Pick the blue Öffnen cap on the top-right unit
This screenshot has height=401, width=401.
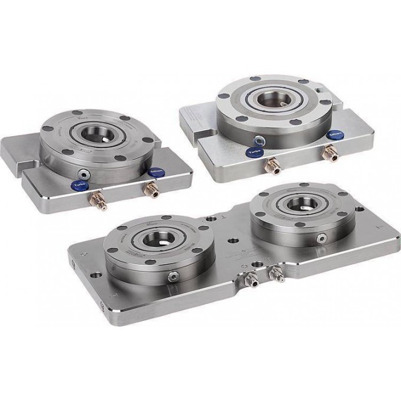coord(336,134)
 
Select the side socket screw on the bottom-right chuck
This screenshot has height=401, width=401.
coord(323,237)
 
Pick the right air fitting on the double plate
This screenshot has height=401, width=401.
coord(275,272)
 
